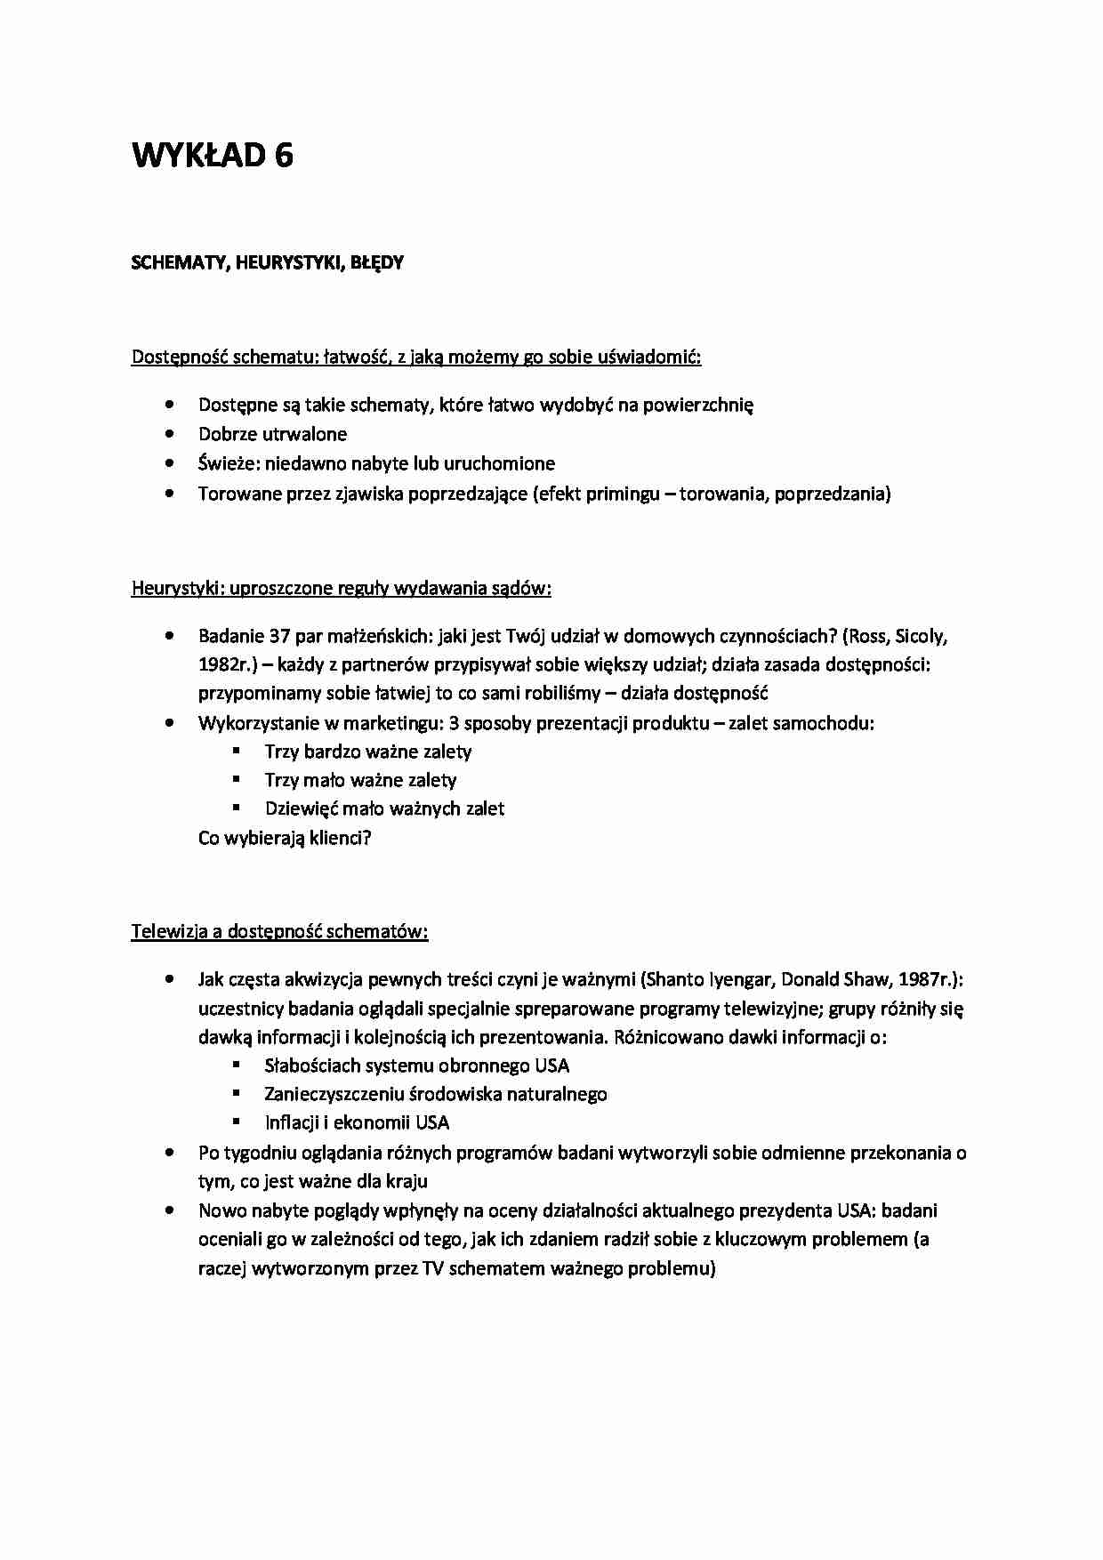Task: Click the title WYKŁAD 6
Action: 213,156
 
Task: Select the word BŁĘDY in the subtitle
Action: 376,263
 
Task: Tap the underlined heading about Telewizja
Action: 279,931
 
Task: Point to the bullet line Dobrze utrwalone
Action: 272,434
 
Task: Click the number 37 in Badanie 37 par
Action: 281,636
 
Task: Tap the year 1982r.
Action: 227,664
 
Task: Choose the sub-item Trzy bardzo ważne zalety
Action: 367,752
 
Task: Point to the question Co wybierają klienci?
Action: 285,838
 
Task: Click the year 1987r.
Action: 926,979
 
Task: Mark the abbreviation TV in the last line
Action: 433,1268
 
